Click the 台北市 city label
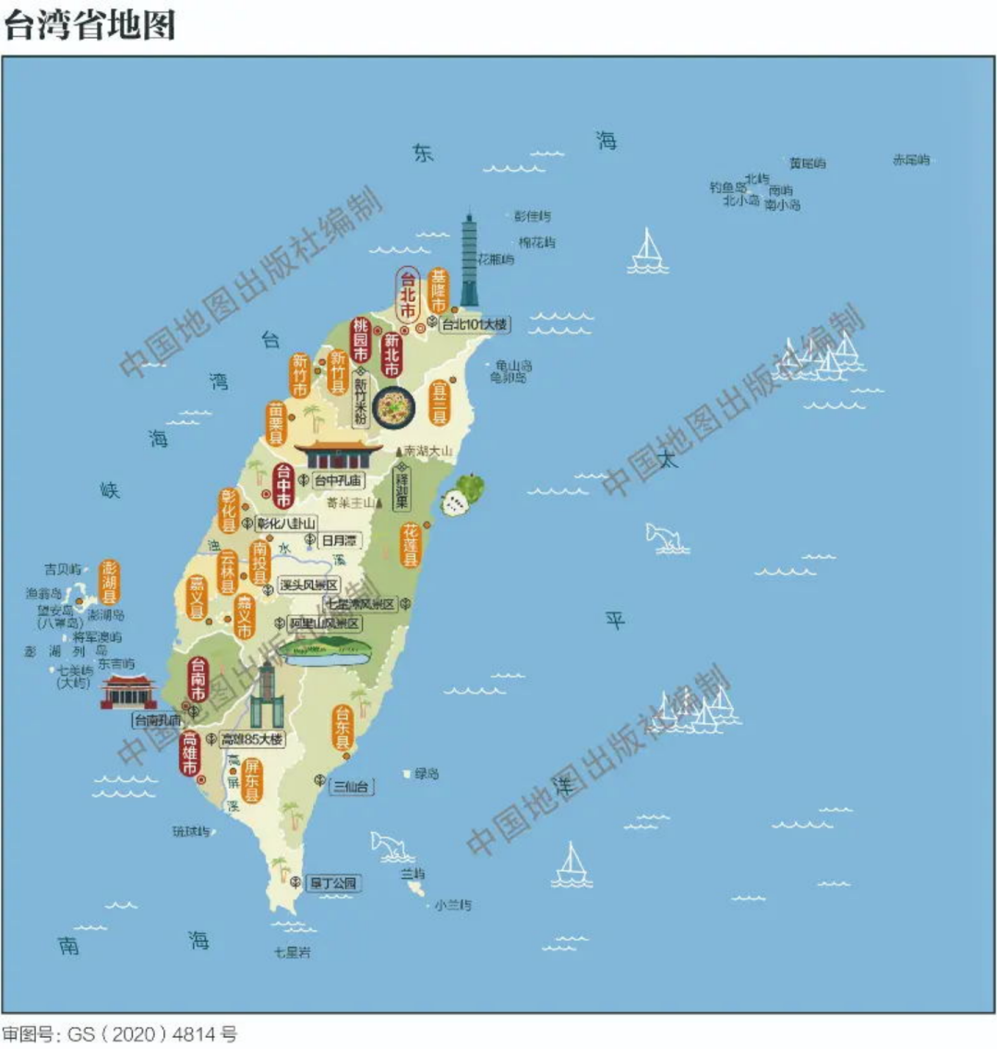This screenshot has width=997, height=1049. [407, 295]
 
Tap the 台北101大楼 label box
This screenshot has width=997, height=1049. [474, 324]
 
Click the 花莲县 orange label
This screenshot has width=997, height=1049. [410, 545]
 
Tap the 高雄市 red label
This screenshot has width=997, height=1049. [190, 754]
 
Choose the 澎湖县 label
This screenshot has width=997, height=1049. [110, 582]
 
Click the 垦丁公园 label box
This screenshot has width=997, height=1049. [332, 883]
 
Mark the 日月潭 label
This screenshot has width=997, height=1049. [339, 539]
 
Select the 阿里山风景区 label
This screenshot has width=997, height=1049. [323, 623]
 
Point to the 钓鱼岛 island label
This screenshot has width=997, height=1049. [727, 187]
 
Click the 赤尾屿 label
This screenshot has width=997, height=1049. [910, 160]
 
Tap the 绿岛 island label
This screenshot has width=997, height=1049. [426, 774]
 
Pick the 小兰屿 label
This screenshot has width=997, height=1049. [453, 905]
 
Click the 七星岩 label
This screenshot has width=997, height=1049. [292, 952]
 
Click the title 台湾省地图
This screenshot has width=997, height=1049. [89, 25]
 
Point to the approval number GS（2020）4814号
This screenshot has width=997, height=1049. [119, 1033]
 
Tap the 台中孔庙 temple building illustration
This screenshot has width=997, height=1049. [339, 455]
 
